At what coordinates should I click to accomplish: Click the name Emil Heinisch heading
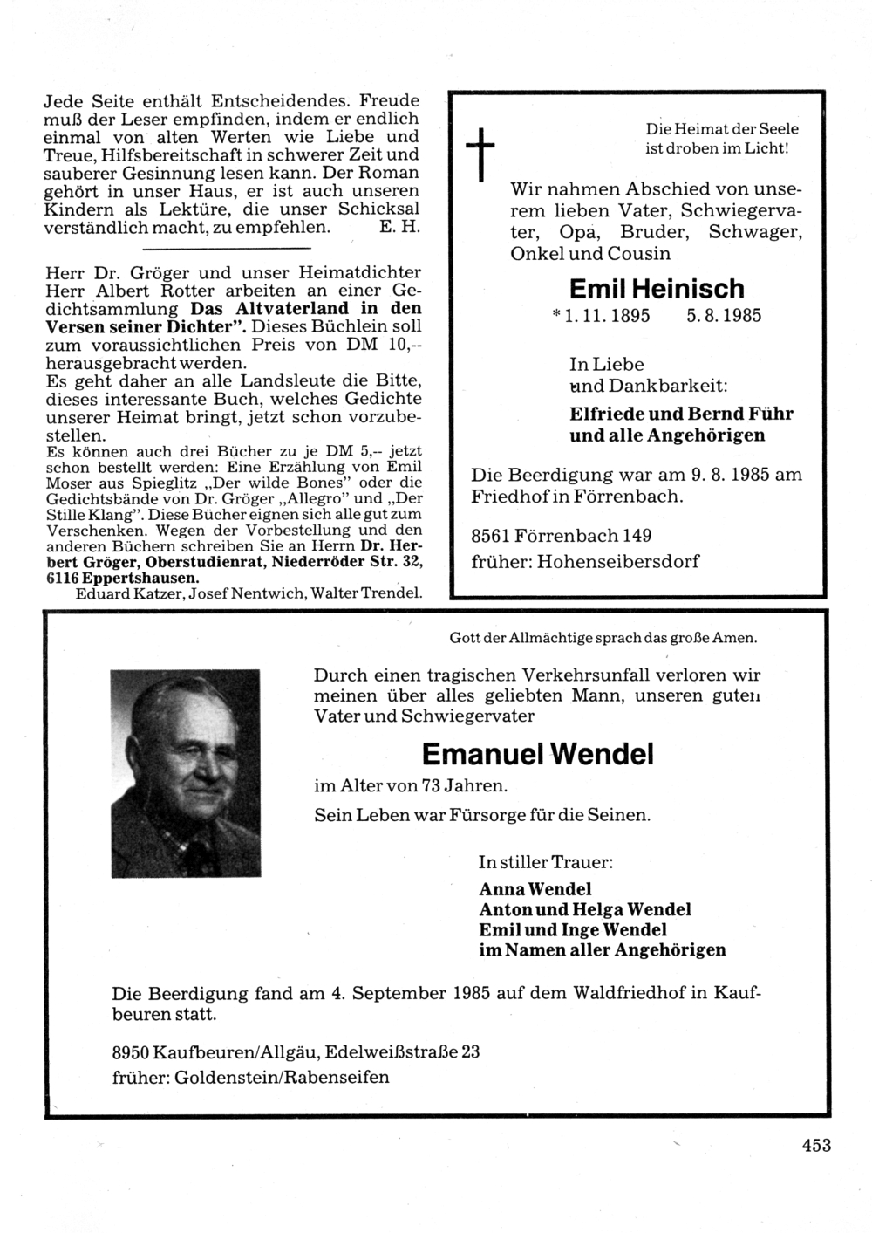657,289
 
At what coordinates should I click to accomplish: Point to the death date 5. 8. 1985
723,316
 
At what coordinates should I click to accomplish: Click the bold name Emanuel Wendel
537,754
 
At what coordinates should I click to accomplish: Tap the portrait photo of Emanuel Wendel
186,773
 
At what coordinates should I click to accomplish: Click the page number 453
816,1146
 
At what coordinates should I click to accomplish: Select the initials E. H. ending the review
400,227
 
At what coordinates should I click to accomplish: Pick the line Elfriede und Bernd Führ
681,414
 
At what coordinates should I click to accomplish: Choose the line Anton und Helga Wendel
585,909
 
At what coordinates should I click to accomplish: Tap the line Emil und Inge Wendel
573,929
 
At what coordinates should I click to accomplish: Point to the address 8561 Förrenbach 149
562,535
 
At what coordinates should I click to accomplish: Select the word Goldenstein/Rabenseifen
283,1077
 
